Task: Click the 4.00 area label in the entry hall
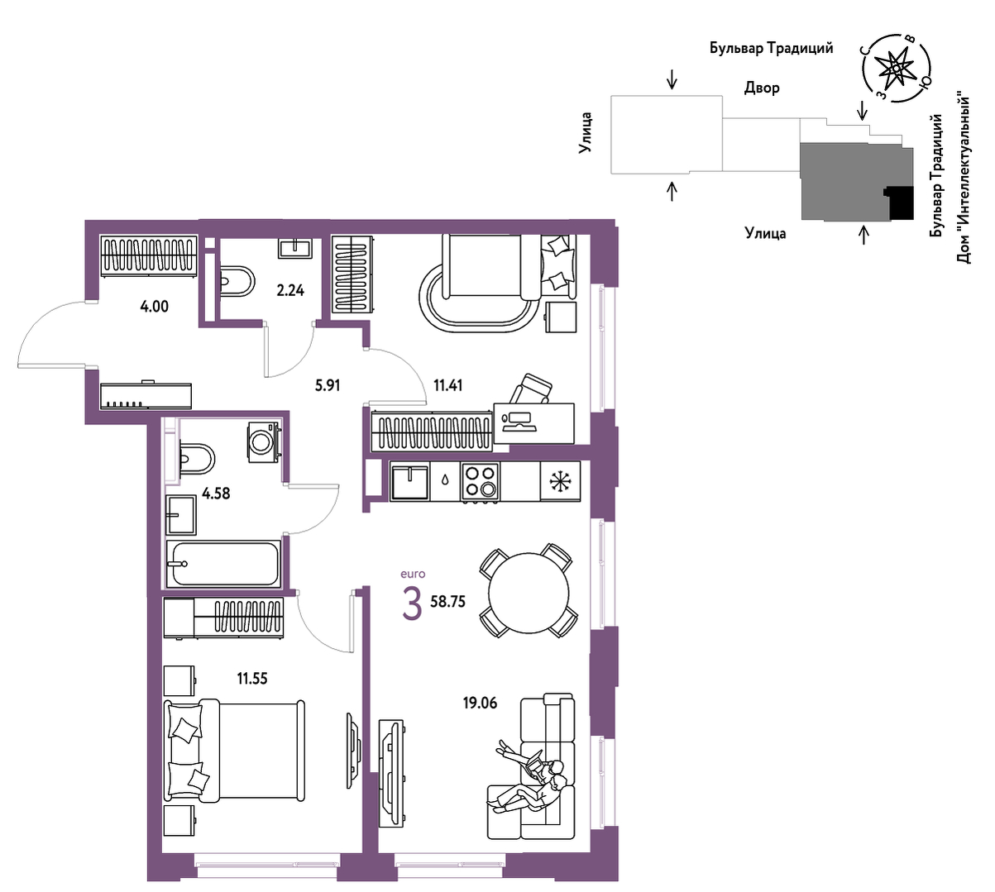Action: coord(154,307)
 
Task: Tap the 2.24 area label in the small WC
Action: coord(290,291)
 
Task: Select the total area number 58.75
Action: coord(447,602)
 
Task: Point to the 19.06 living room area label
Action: coord(480,703)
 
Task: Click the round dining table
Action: coord(529,593)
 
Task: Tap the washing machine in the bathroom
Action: coord(264,441)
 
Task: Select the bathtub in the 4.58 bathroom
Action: coord(223,564)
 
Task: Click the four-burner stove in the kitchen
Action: coord(480,481)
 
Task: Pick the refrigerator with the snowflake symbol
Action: coord(560,480)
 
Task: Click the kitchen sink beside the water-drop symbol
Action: coord(409,481)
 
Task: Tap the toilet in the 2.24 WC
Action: coord(237,281)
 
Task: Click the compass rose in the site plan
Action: coord(896,69)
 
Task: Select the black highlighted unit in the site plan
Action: coord(899,203)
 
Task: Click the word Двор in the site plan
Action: coord(762,88)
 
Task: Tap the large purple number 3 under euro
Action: coord(412,606)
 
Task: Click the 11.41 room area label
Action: coord(447,385)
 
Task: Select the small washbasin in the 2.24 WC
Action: coord(295,248)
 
